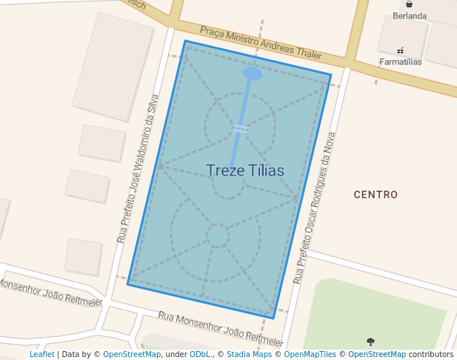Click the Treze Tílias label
click(x=245, y=170)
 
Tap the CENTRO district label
click(x=376, y=195)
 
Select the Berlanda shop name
click(x=410, y=16)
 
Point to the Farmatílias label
click(x=400, y=62)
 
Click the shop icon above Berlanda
click(x=410, y=4)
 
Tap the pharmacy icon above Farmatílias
click(x=400, y=50)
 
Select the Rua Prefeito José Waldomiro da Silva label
click(x=139, y=169)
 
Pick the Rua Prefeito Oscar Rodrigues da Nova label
click(x=315, y=208)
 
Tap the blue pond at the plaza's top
click(x=253, y=74)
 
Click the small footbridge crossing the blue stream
click(x=240, y=129)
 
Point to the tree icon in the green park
click(x=370, y=341)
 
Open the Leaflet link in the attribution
click(x=41, y=355)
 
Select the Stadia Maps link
click(x=249, y=355)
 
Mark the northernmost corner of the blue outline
click(x=184, y=41)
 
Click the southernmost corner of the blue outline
click(x=274, y=319)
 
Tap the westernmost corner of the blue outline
click(x=128, y=283)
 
